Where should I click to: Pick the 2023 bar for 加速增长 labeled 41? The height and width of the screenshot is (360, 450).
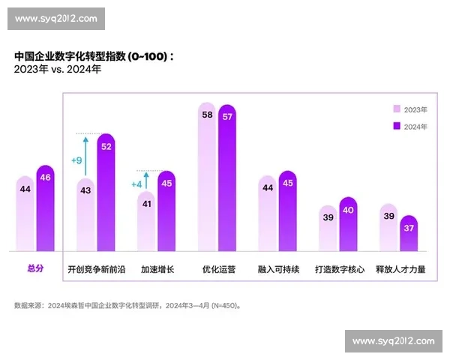point(146,220)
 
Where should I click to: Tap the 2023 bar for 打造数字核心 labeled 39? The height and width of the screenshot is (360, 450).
point(328,228)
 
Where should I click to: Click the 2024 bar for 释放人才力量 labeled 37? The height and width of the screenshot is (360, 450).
point(409,233)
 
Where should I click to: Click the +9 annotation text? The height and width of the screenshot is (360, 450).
point(76,160)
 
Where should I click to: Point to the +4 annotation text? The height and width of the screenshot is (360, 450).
point(136,184)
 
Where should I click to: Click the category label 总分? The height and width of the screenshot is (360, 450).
point(35,268)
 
